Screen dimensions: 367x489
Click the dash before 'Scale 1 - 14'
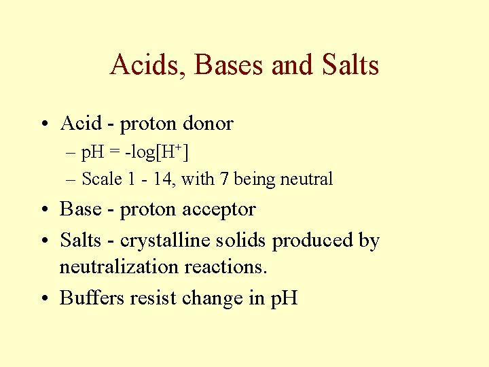71,179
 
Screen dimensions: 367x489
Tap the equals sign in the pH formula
110,153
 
